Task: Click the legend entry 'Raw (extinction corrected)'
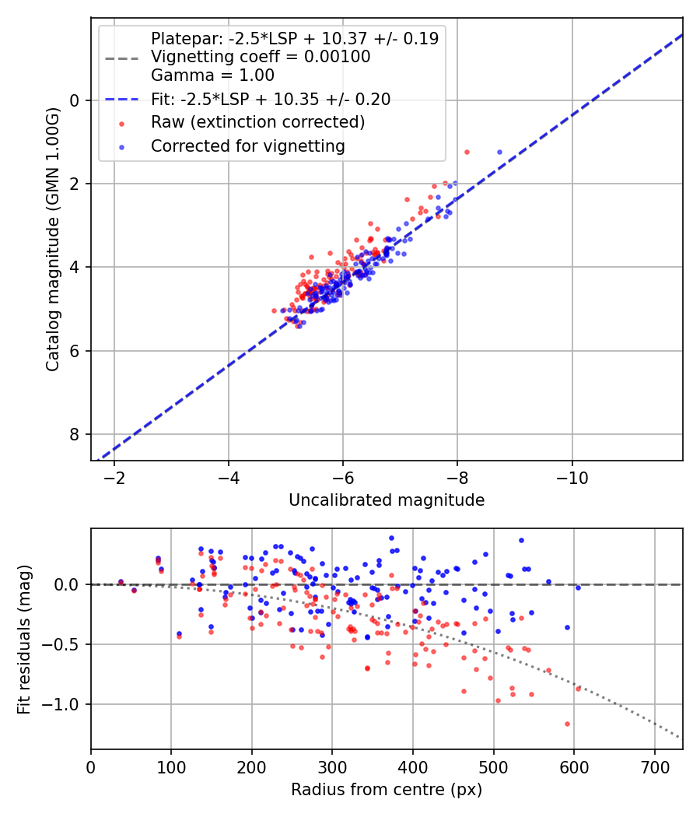click(257, 122)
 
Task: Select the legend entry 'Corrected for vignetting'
click(248, 146)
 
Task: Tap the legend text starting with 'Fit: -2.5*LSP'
click(271, 99)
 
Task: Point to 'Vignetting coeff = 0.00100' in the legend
click(261, 57)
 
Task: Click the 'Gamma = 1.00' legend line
click(212, 75)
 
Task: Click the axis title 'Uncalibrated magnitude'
click(387, 500)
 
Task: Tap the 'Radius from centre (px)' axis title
click(387, 790)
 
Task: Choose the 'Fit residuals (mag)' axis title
click(24, 639)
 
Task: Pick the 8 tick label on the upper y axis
click(75, 434)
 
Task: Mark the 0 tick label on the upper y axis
click(75, 100)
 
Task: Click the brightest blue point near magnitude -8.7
click(499, 153)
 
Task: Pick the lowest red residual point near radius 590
click(567, 724)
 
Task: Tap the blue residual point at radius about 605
click(578, 587)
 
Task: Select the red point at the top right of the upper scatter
click(467, 152)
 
